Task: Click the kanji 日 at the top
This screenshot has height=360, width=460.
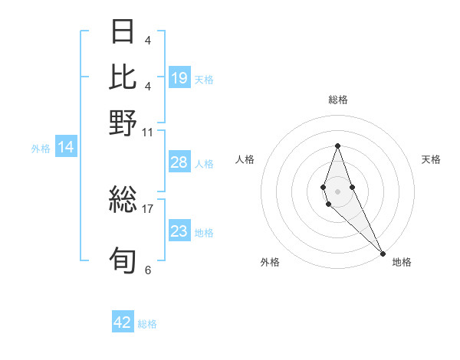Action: tap(123, 31)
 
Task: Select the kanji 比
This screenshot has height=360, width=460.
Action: tap(123, 77)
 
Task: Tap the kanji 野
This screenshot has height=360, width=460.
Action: tap(123, 123)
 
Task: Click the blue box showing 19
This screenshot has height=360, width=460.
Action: tap(179, 77)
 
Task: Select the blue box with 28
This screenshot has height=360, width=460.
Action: tap(179, 162)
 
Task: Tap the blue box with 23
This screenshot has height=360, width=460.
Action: tap(179, 231)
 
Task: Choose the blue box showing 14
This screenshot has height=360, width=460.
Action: tap(66, 148)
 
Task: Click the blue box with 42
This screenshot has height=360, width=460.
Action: tap(123, 322)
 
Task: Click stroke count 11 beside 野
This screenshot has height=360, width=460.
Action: tap(148, 131)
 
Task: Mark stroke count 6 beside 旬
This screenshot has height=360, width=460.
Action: tap(148, 270)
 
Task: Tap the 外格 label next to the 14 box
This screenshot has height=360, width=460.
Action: tap(41, 149)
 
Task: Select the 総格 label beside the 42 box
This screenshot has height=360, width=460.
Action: tap(147, 324)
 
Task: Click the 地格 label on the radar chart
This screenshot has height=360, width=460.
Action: tap(402, 263)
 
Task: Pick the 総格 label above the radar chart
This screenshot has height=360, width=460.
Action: tap(338, 100)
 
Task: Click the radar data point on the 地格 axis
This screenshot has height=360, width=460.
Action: tap(383, 253)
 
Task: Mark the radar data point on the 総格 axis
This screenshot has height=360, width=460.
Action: tap(338, 146)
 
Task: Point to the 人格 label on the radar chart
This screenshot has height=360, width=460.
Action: tap(245, 159)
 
